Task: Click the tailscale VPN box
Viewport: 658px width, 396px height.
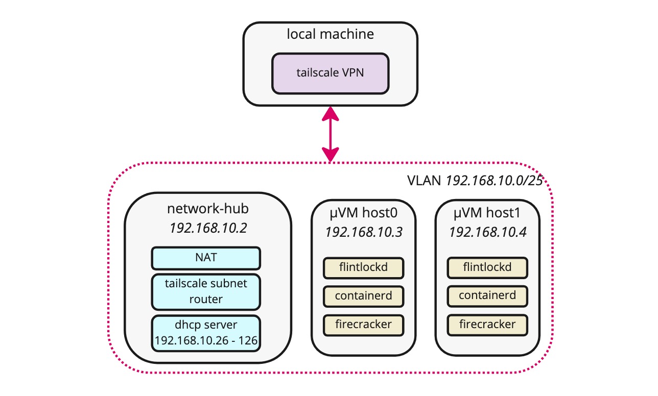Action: [330, 73]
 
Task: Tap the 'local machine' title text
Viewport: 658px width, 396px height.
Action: [330, 35]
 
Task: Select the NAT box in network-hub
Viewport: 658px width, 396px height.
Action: [206, 258]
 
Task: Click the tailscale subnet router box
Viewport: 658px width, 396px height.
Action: [206, 291]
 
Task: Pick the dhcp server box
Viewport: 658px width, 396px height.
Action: [206, 333]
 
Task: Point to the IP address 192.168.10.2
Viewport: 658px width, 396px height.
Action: [208, 228]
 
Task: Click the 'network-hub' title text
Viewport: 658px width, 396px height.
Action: [208, 209]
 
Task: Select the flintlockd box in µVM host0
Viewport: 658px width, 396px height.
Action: [363, 266]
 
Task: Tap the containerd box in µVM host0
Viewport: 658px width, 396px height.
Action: [363, 295]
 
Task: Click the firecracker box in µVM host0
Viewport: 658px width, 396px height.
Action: [363, 324]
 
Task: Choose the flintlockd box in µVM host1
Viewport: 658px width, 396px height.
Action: [487, 266]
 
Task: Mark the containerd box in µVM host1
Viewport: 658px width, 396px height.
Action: [487, 295]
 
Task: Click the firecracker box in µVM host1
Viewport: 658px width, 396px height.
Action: [487, 324]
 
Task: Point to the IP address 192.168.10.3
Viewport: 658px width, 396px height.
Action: [363, 232]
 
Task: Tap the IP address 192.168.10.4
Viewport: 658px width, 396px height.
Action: [487, 232]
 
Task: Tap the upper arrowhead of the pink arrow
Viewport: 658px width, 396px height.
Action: [331, 113]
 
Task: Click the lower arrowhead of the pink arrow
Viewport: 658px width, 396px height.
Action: [331, 155]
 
